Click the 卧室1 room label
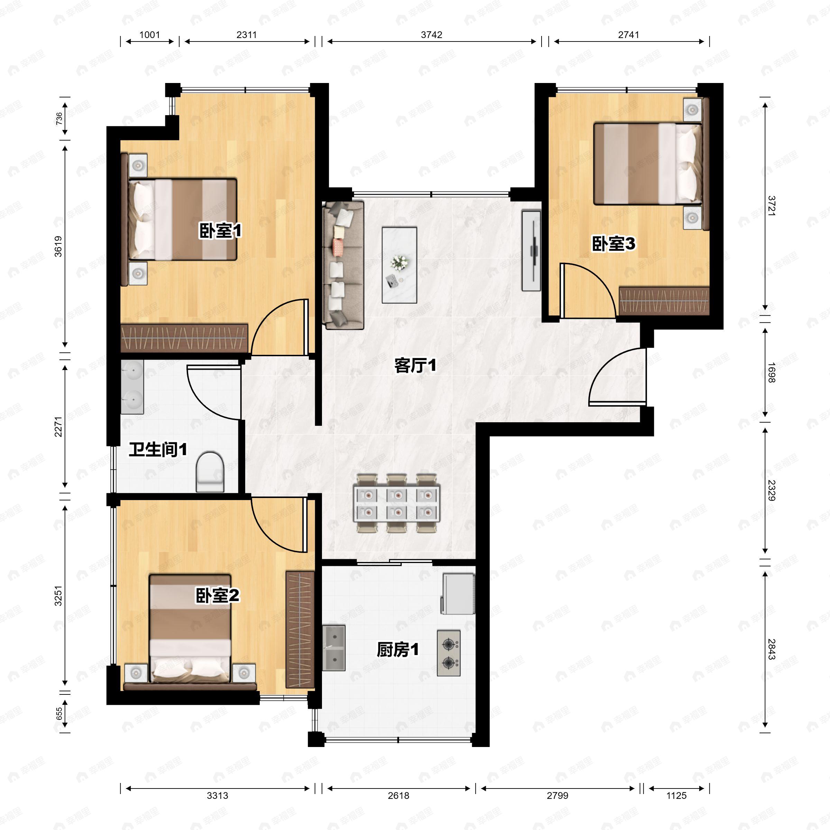[x=220, y=231]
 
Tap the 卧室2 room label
[x=218, y=596]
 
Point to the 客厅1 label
[x=415, y=366]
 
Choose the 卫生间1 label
[x=158, y=450]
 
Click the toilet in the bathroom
[x=210, y=471]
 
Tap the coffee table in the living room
[x=399, y=265]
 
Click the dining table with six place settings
[x=397, y=504]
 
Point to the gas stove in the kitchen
[x=449, y=653]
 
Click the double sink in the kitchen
[x=334, y=648]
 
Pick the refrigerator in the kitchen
[x=458, y=594]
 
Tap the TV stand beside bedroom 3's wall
[x=531, y=250]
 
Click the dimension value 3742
[x=431, y=35]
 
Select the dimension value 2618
[x=398, y=796]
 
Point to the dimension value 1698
[x=771, y=372]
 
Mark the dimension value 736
[x=59, y=119]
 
